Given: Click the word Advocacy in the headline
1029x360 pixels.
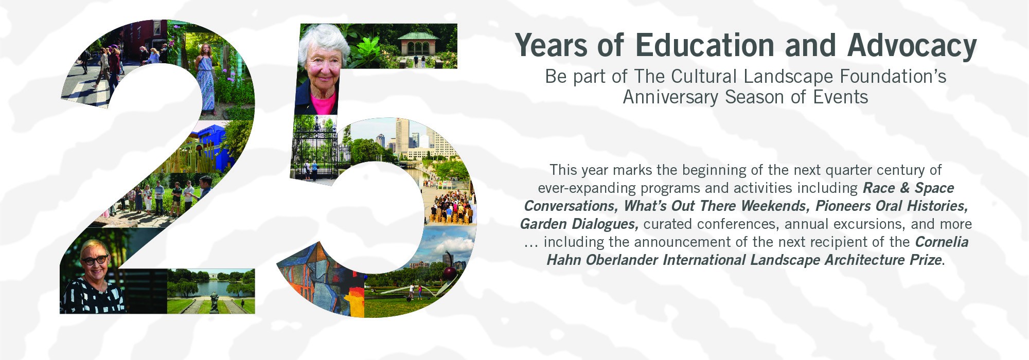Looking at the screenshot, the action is pyautogui.click(x=912, y=46).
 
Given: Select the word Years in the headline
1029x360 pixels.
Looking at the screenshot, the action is pyautogui.click(x=551, y=45).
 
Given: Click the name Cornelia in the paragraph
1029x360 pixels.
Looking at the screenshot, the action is pyautogui.click(x=942, y=242).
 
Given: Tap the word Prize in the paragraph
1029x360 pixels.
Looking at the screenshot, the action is pyautogui.click(x=926, y=260).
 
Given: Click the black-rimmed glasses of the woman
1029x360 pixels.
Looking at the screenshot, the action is pyautogui.click(x=95, y=260).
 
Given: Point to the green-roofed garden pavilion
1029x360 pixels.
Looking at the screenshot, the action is pyautogui.click(x=418, y=47).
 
